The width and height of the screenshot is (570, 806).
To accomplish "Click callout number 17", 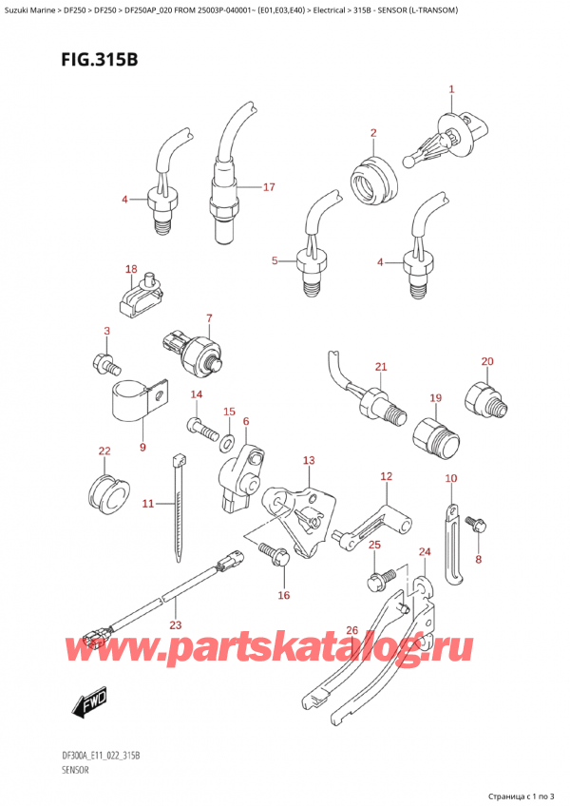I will click(x=269, y=187).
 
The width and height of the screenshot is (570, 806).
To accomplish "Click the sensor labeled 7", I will click(x=196, y=349).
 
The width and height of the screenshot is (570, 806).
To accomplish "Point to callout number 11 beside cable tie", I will click(x=147, y=503).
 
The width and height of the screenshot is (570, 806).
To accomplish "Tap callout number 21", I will click(x=381, y=367).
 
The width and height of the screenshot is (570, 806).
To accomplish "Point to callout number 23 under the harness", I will click(x=174, y=625).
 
